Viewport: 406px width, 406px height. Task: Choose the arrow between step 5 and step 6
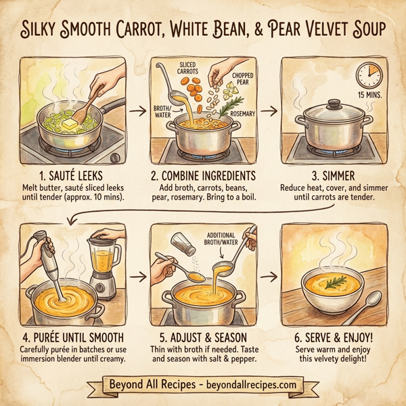click(x=269, y=277)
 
